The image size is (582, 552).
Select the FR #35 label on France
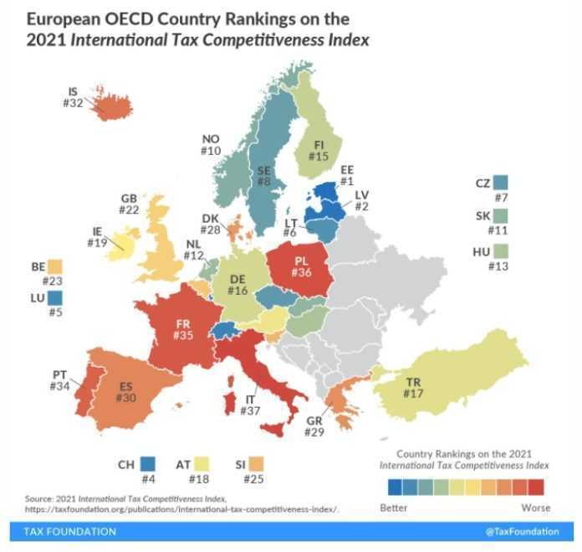[183, 328]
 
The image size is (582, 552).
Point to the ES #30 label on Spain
[126, 392]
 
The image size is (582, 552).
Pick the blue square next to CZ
[501, 183]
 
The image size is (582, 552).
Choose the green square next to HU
[501, 250]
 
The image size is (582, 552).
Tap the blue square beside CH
[148, 463]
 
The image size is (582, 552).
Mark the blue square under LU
[55, 297]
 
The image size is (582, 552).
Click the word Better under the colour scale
[393, 508]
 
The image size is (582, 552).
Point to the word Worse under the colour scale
[536, 508]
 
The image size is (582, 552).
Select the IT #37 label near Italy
[251, 405]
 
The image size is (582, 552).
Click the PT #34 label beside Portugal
[60, 379]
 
